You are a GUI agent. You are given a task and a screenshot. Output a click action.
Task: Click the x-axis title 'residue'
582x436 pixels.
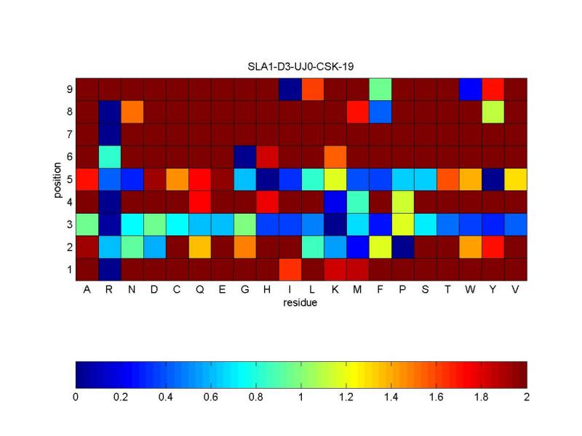[x=300, y=303]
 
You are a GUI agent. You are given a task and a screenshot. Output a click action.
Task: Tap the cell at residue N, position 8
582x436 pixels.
[x=132, y=111]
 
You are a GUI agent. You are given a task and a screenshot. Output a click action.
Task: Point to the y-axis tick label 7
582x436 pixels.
[x=68, y=134]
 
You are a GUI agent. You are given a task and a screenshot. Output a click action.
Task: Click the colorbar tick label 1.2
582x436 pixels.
[x=346, y=397]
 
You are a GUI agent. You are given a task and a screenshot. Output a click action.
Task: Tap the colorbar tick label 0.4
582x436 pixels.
[x=166, y=397]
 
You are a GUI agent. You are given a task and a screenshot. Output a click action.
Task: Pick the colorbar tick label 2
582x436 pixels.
[x=527, y=397]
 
